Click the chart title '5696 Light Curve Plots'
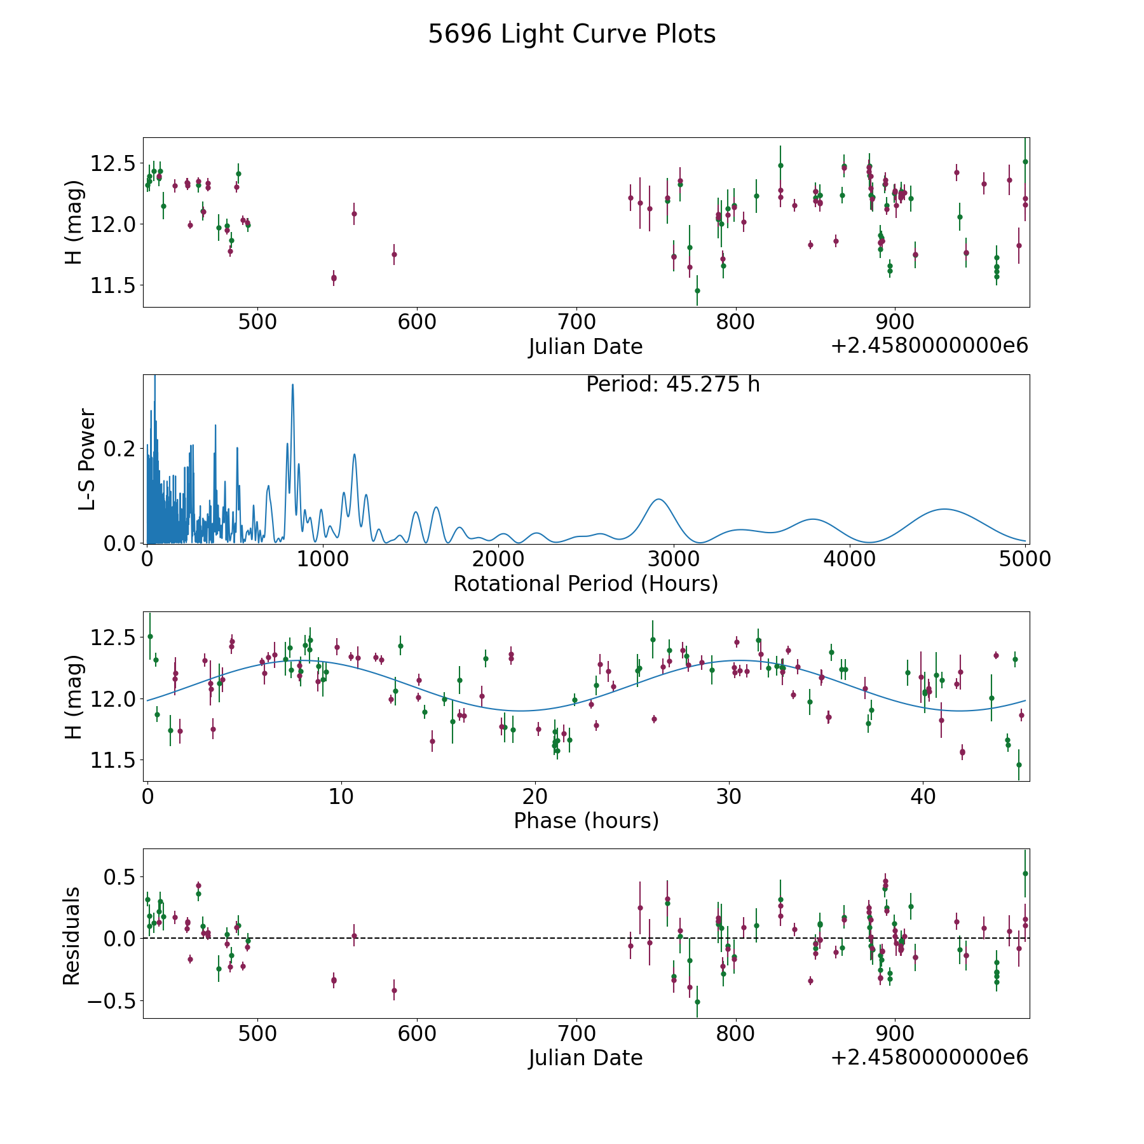(x=572, y=34)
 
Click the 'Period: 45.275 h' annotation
(x=673, y=385)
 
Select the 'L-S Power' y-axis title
(x=87, y=460)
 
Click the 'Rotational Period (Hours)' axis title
(x=586, y=583)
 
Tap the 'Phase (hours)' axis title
(x=586, y=821)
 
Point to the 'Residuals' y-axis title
(x=72, y=936)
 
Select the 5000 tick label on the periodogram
(x=1025, y=559)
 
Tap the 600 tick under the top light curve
(x=417, y=322)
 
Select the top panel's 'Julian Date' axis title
(x=586, y=346)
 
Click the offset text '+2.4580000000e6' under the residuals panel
(x=929, y=1057)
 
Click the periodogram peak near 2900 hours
(x=658, y=500)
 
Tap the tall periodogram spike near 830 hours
(x=292, y=385)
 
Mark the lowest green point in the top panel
(x=697, y=290)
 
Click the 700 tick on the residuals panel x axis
(x=576, y=1033)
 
